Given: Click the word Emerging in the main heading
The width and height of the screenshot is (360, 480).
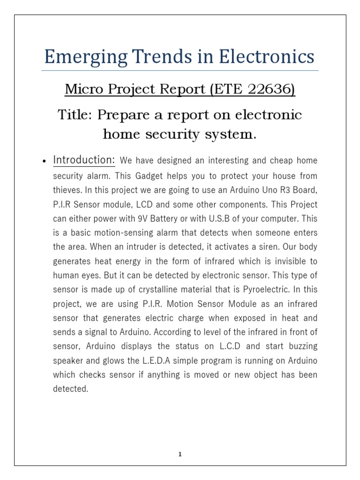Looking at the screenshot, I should (x=82, y=57).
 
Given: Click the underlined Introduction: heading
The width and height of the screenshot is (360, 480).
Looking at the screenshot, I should (x=84, y=160).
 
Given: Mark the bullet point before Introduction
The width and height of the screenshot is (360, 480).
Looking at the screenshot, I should (x=43, y=162).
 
